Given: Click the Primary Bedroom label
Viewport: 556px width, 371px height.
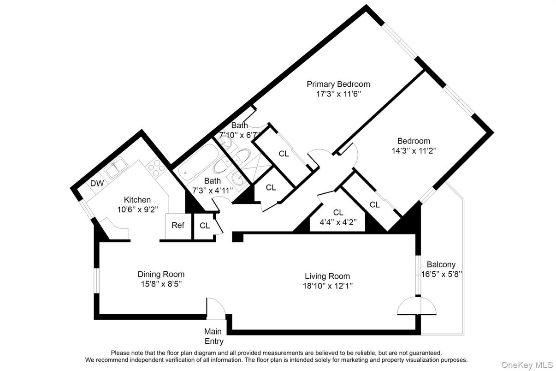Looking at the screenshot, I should [x=338, y=84].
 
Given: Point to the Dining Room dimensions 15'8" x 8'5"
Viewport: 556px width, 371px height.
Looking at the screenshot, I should [x=161, y=283].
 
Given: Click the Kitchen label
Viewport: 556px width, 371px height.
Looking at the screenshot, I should [x=137, y=200].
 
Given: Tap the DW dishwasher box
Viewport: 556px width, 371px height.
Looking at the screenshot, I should [x=96, y=183].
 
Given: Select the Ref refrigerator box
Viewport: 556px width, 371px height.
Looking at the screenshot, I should [x=177, y=226].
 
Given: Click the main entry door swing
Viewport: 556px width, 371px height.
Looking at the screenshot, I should [x=215, y=308].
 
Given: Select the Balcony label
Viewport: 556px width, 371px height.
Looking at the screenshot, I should [x=441, y=264].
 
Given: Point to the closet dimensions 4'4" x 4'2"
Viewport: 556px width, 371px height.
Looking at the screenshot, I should [x=338, y=221].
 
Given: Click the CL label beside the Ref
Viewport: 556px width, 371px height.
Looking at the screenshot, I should [x=205, y=226].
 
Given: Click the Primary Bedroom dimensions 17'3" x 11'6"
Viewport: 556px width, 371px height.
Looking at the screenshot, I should [x=338, y=94].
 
